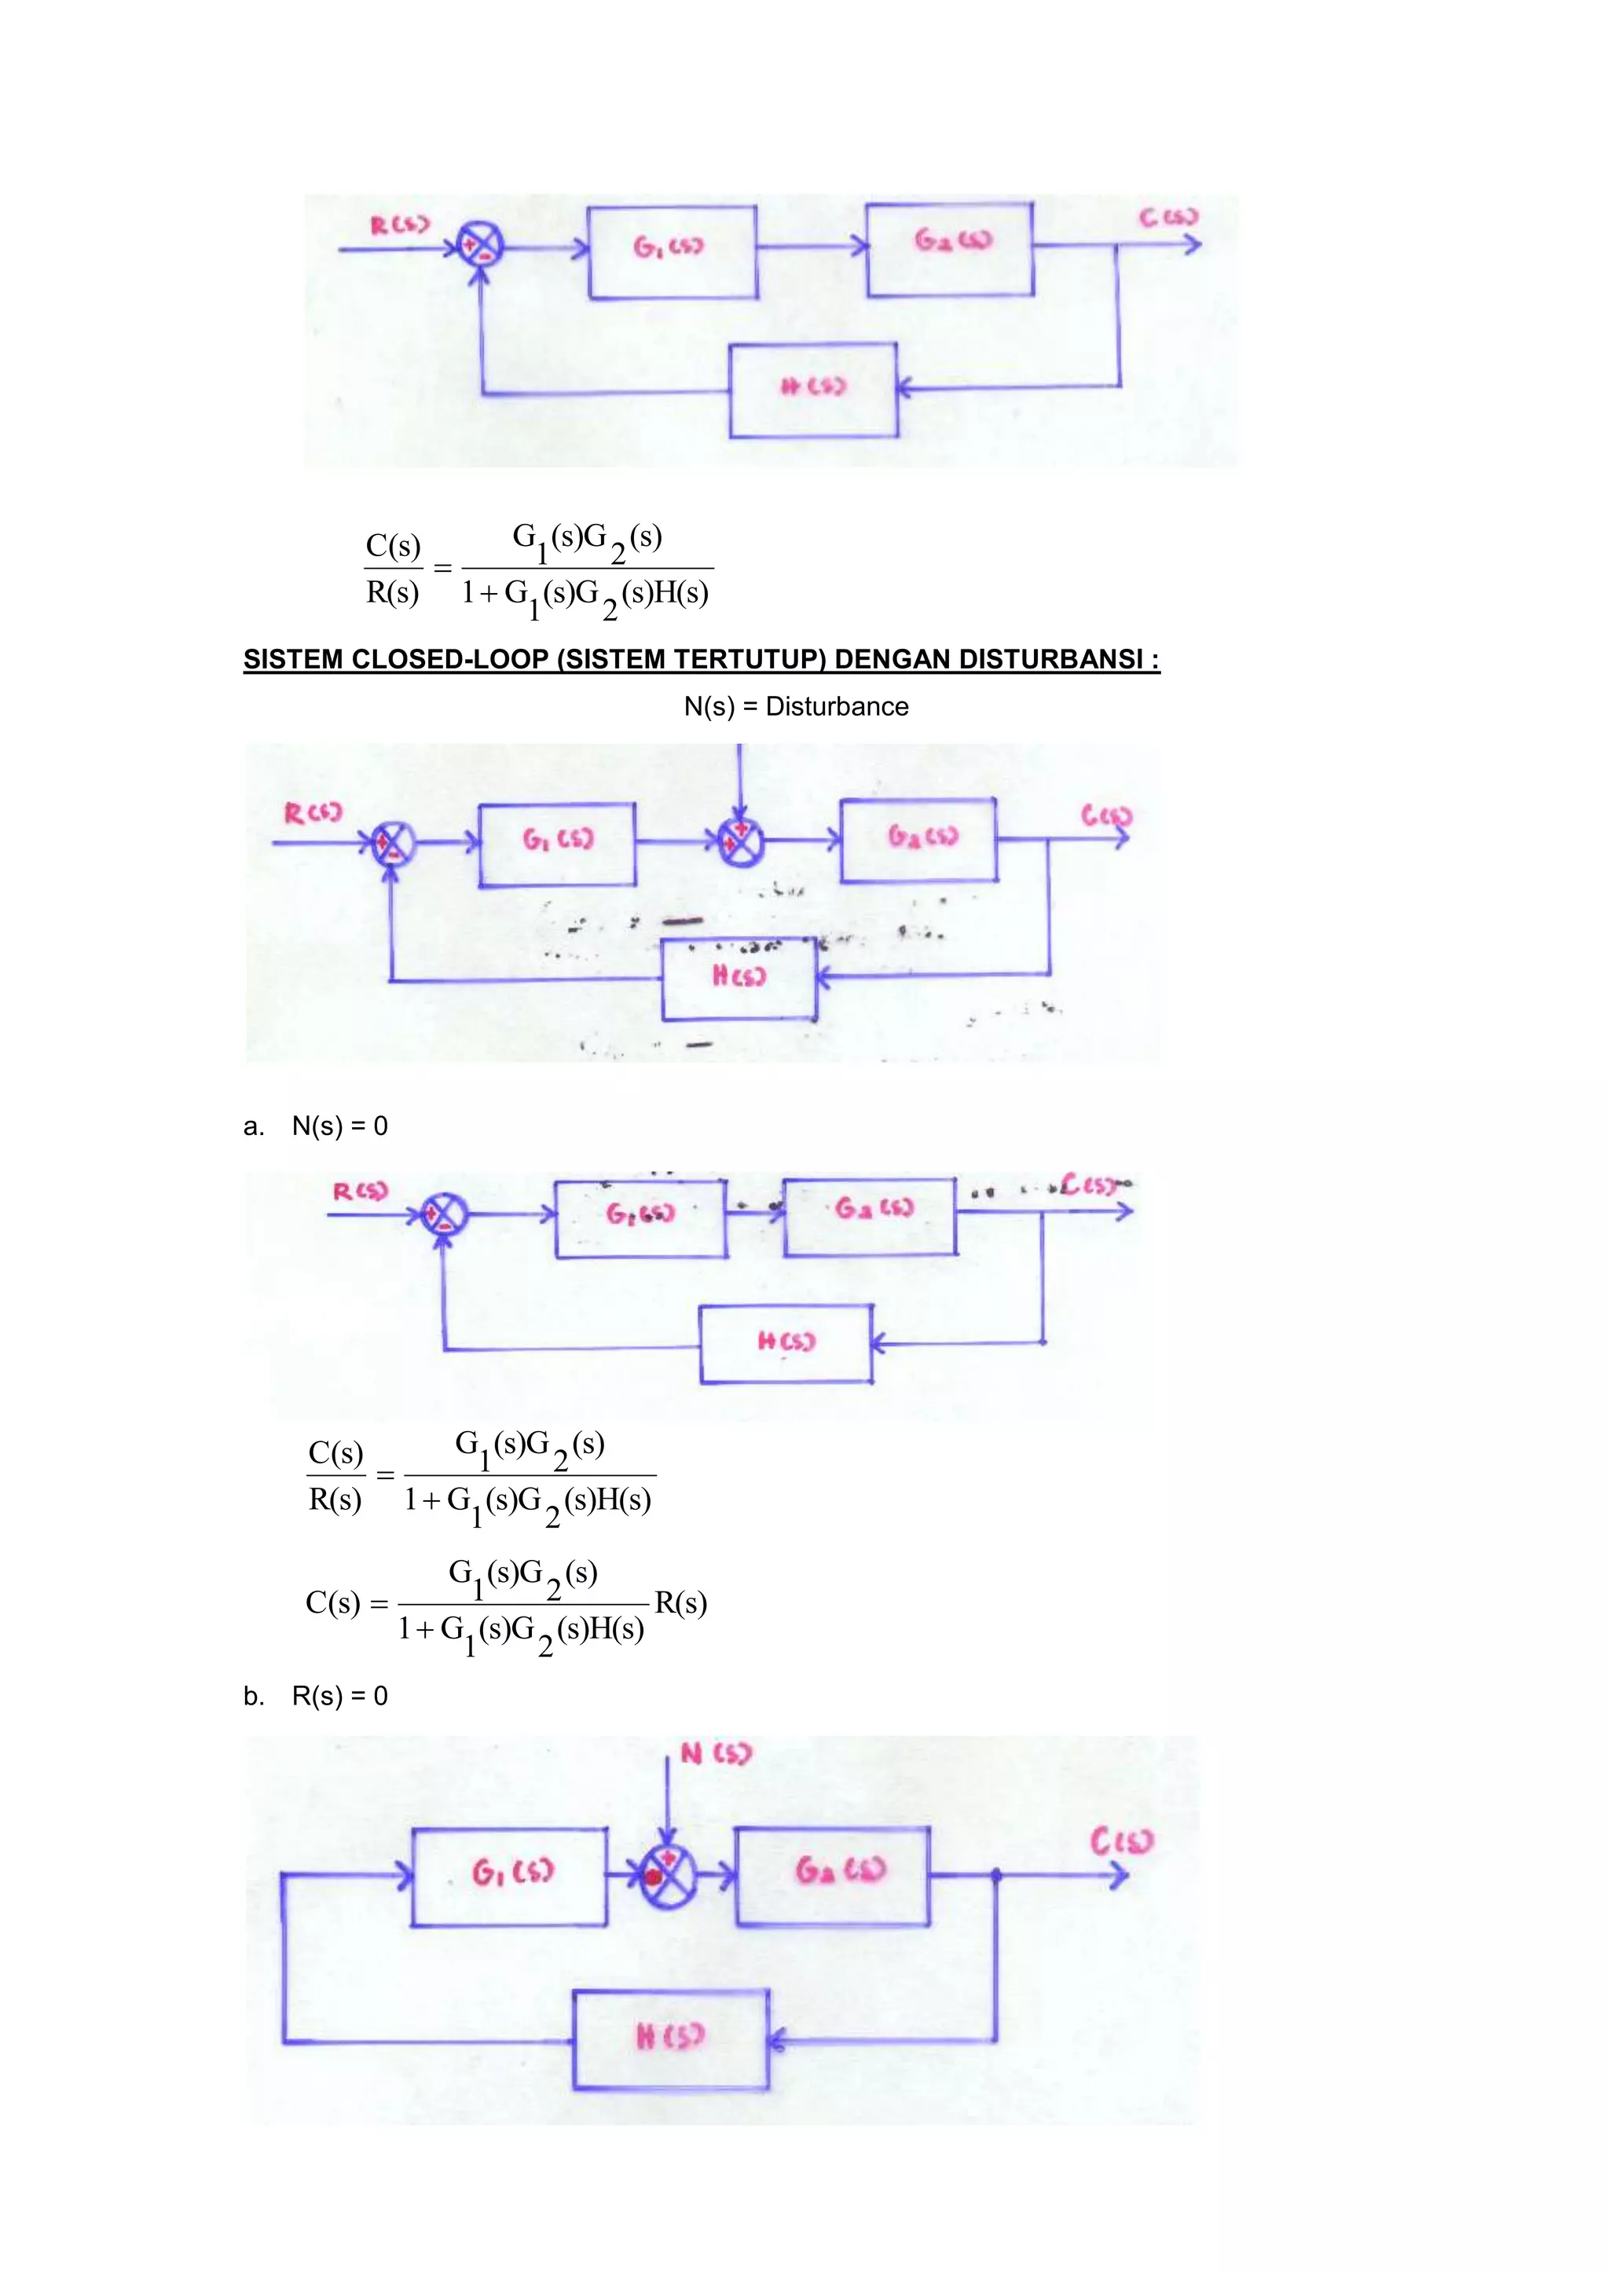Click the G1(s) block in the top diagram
coord(673,251)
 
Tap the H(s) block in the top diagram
coord(813,390)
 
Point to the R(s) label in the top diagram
coord(400,225)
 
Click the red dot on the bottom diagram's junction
coord(653,1876)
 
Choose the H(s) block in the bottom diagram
coord(671,2039)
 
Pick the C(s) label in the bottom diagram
coord(1122,1842)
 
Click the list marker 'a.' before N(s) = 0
coord(254,1127)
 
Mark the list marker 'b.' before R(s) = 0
coord(254,1697)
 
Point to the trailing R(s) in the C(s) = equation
coord(680,1602)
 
